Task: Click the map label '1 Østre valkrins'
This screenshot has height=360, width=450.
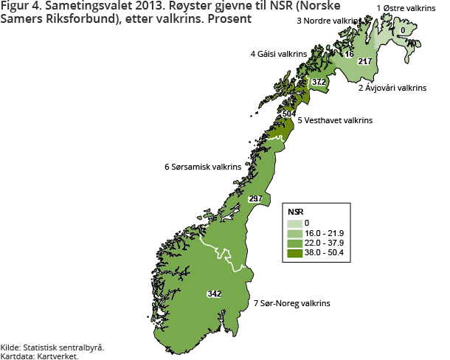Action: pos(406,8)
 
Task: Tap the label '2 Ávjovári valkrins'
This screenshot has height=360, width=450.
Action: pos(392,88)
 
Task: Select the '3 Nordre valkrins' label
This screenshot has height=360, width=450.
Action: pos(329,21)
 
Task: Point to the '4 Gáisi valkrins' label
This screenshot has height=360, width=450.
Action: pos(279,54)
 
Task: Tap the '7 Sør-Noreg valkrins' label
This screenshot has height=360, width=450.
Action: pos(291,303)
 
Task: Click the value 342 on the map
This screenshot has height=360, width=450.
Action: pos(214,294)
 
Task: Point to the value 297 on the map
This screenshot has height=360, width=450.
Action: pos(256,199)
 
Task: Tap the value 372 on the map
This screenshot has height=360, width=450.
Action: pos(319,81)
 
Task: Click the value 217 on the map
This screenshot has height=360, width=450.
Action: pos(364,61)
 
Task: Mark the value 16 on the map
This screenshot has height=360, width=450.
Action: pos(350,55)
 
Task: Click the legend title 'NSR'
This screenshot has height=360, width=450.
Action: pos(295,211)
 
